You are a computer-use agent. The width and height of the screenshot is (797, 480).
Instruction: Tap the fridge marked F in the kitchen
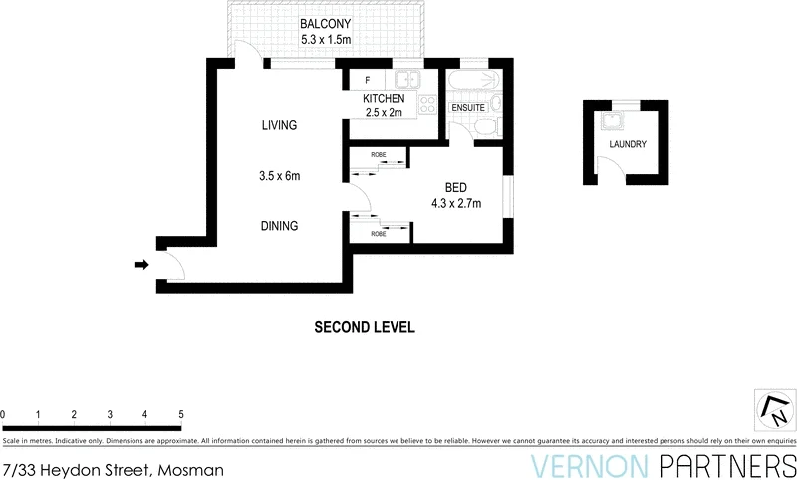coord(368,80)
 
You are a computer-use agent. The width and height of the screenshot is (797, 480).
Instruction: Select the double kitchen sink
coord(407,80)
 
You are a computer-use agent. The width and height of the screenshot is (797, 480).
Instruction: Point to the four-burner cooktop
coord(429,102)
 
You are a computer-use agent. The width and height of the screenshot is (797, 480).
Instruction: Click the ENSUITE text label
coord(467,107)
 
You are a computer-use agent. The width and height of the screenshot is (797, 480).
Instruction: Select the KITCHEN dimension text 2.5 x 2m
coord(383,112)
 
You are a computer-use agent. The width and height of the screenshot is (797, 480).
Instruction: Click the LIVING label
coord(279,125)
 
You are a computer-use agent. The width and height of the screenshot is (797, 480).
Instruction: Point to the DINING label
coord(279,226)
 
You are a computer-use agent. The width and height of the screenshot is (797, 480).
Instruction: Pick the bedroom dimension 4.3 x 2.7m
coord(455,204)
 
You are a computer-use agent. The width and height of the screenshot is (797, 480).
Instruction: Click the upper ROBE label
coord(379,155)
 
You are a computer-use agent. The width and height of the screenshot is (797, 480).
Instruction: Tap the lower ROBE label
coord(379,234)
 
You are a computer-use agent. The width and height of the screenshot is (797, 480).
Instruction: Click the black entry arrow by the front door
coord(141,265)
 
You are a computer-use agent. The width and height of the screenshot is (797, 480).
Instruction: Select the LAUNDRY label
coord(628,144)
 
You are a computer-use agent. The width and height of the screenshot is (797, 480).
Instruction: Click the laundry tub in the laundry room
coord(611,123)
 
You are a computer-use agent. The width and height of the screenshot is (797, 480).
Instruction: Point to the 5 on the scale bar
coord(181,414)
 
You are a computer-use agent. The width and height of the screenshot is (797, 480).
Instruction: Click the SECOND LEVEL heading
coord(365,327)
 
